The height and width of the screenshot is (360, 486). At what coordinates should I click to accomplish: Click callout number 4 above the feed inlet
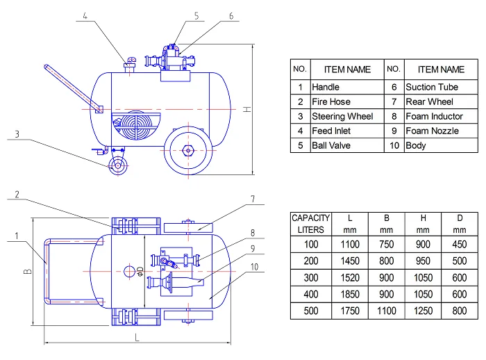pyautogui.click(x=85, y=16)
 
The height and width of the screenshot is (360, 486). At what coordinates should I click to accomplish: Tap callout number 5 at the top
pyautogui.click(x=196, y=16)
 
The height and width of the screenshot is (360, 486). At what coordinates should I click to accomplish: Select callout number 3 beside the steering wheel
pyautogui.click(x=17, y=134)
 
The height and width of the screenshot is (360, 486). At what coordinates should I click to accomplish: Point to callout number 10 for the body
pyautogui.click(x=255, y=267)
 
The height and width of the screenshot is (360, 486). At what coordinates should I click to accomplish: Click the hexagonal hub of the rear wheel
pyautogui.click(x=188, y=151)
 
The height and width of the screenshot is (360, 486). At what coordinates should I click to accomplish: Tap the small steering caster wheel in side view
pyautogui.click(x=118, y=165)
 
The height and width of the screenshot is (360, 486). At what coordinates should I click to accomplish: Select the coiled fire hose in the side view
pyautogui.click(x=136, y=126)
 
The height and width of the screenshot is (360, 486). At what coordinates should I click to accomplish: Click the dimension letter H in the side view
pyautogui.click(x=247, y=109)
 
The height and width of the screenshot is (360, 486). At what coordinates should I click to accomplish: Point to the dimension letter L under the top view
pyautogui.click(x=137, y=337)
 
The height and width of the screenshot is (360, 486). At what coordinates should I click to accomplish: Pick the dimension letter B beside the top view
pyautogui.click(x=28, y=271)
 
